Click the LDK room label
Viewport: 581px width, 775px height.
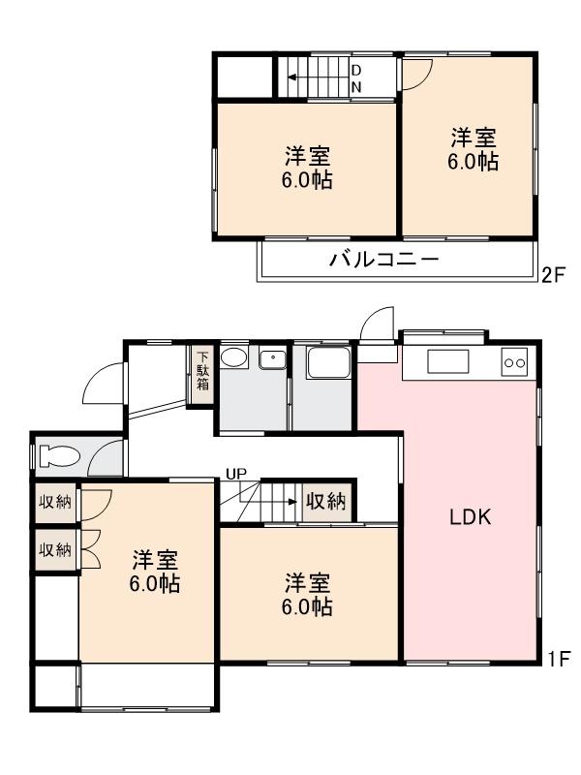pos(471,517)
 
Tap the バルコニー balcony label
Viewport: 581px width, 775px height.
pos(384,260)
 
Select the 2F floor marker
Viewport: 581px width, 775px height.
pos(553,275)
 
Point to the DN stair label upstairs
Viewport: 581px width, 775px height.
pos(355,78)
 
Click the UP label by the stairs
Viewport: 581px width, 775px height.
pos(236,474)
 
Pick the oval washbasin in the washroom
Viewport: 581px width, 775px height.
pos(233,358)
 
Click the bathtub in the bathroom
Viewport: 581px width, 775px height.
pos(324,364)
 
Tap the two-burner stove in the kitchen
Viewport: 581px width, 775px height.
pos(514,363)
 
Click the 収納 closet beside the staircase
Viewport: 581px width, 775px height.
pos(326,501)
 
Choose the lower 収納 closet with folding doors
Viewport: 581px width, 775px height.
pos(54,550)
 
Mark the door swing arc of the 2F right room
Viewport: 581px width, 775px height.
pos(417,73)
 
